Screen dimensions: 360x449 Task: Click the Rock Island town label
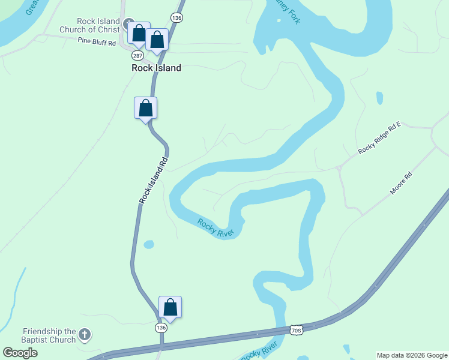click(x=156, y=68)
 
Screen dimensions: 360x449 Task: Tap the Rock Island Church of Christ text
click(x=89, y=25)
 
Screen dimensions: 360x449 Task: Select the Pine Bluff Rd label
click(x=96, y=41)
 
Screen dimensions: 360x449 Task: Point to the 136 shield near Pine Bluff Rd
click(x=176, y=18)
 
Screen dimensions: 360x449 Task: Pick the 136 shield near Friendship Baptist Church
click(x=160, y=328)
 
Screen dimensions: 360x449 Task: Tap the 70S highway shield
click(x=295, y=329)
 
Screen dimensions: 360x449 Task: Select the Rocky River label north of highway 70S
click(x=215, y=227)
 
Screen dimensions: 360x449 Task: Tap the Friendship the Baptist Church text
click(x=49, y=335)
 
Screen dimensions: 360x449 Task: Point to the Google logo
click(x=20, y=353)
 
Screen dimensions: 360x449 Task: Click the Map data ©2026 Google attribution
click(x=412, y=355)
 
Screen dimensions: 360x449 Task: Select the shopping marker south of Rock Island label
click(x=145, y=109)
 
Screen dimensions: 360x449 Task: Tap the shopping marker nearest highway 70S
click(x=170, y=308)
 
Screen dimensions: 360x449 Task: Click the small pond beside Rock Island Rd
click(x=148, y=244)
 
